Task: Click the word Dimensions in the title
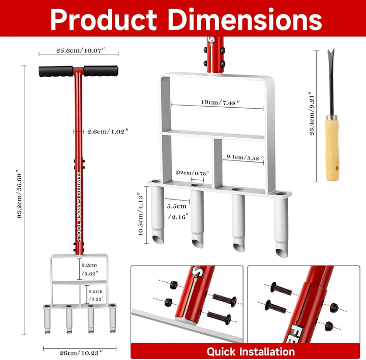tap(245, 20)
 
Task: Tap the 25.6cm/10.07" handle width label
tap(80, 50)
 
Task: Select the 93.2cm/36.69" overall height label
tap(20, 196)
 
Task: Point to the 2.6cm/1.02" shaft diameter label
tap(108, 132)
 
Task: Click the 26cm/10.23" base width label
tap(81, 353)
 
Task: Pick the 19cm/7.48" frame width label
tap(221, 103)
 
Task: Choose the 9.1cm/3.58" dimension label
tap(245, 157)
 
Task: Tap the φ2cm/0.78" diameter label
tap(192, 173)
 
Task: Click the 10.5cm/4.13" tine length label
tap(140, 214)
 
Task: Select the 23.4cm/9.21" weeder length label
tap(312, 113)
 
